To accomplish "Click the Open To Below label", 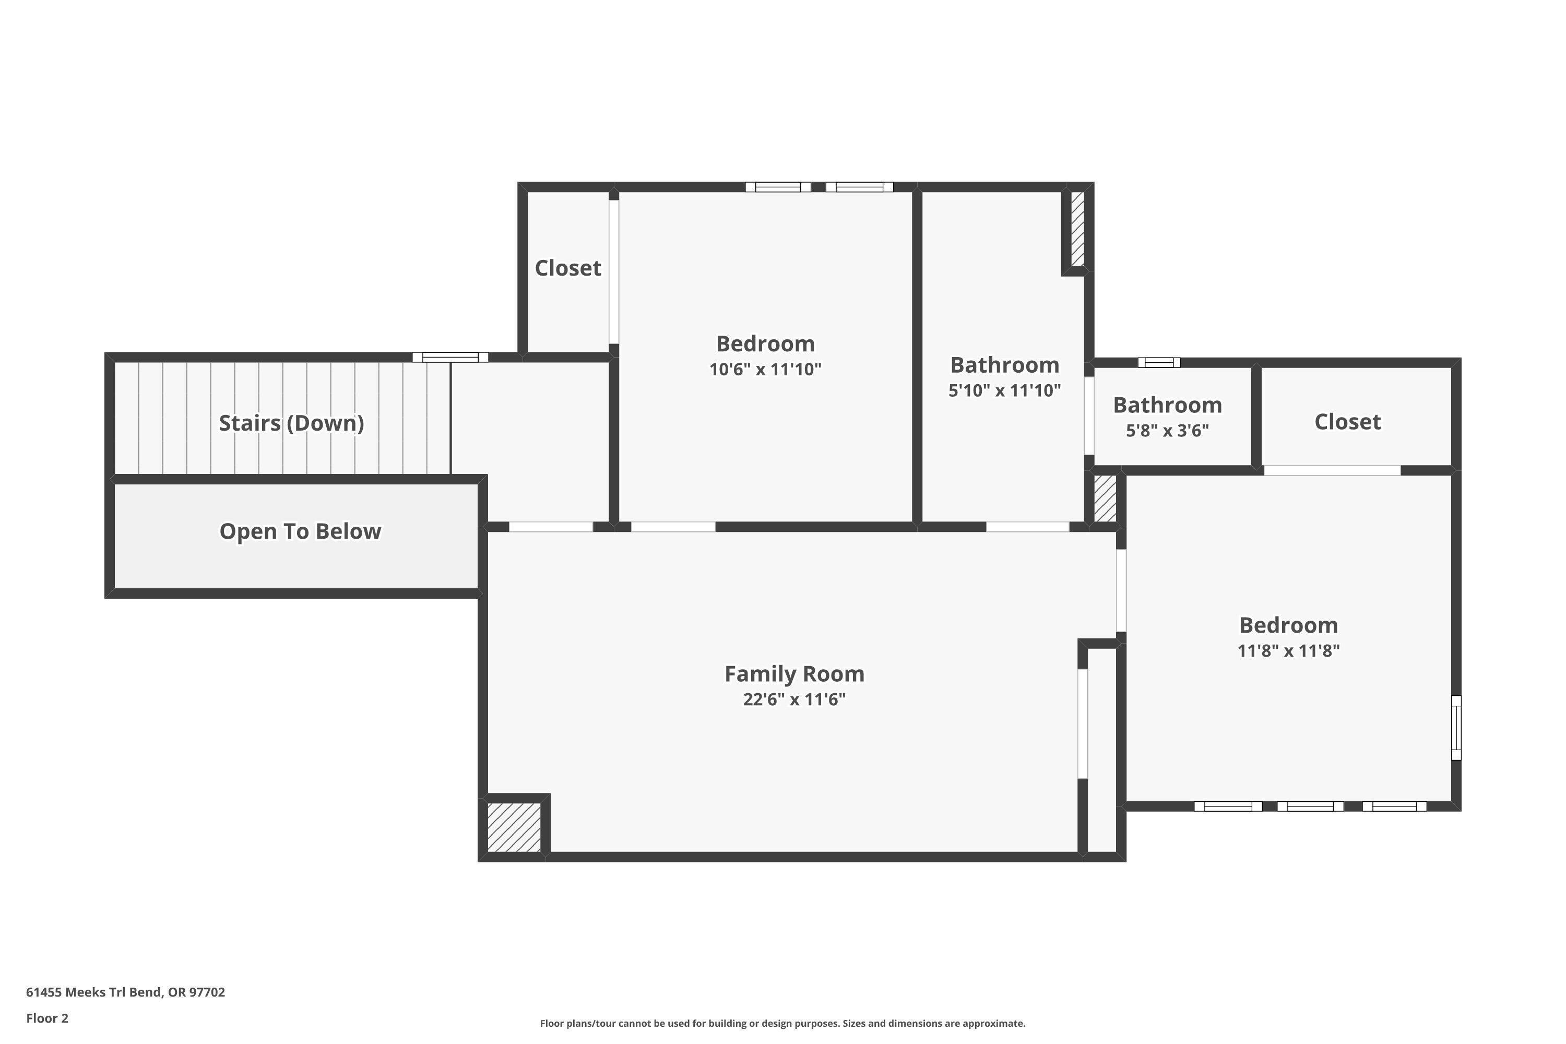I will pyautogui.click(x=300, y=531).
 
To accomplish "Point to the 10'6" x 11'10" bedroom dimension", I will pyautogui.click(x=765, y=370).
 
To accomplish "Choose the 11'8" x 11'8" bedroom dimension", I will pyautogui.click(x=1288, y=650).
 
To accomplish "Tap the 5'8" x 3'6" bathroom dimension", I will pyautogui.click(x=1167, y=431).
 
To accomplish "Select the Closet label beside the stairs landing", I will pyautogui.click(x=568, y=268).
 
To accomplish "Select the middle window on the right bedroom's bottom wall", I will pyautogui.click(x=1310, y=806).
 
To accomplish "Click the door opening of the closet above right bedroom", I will pyautogui.click(x=1332, y=470).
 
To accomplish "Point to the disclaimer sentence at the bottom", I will pyautogui.click(x=782, y=1023).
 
